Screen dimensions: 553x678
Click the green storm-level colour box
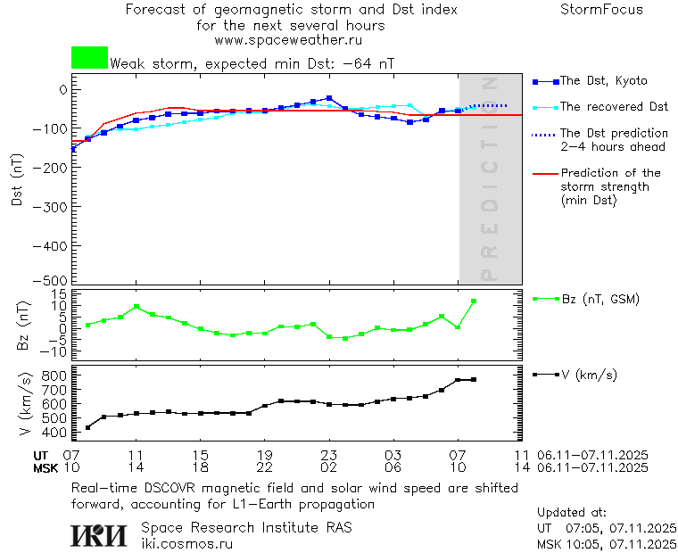89,58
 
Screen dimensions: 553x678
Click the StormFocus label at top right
601,10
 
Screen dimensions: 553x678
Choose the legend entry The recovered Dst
614,107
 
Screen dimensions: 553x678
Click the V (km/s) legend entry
588,375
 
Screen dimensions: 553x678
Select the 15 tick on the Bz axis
62,294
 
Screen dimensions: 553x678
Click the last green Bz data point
474,301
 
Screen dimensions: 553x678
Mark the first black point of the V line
87,428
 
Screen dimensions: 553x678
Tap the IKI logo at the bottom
99,535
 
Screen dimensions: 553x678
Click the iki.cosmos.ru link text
187,543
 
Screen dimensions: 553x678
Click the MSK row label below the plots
45,467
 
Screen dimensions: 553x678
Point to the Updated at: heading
571,513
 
